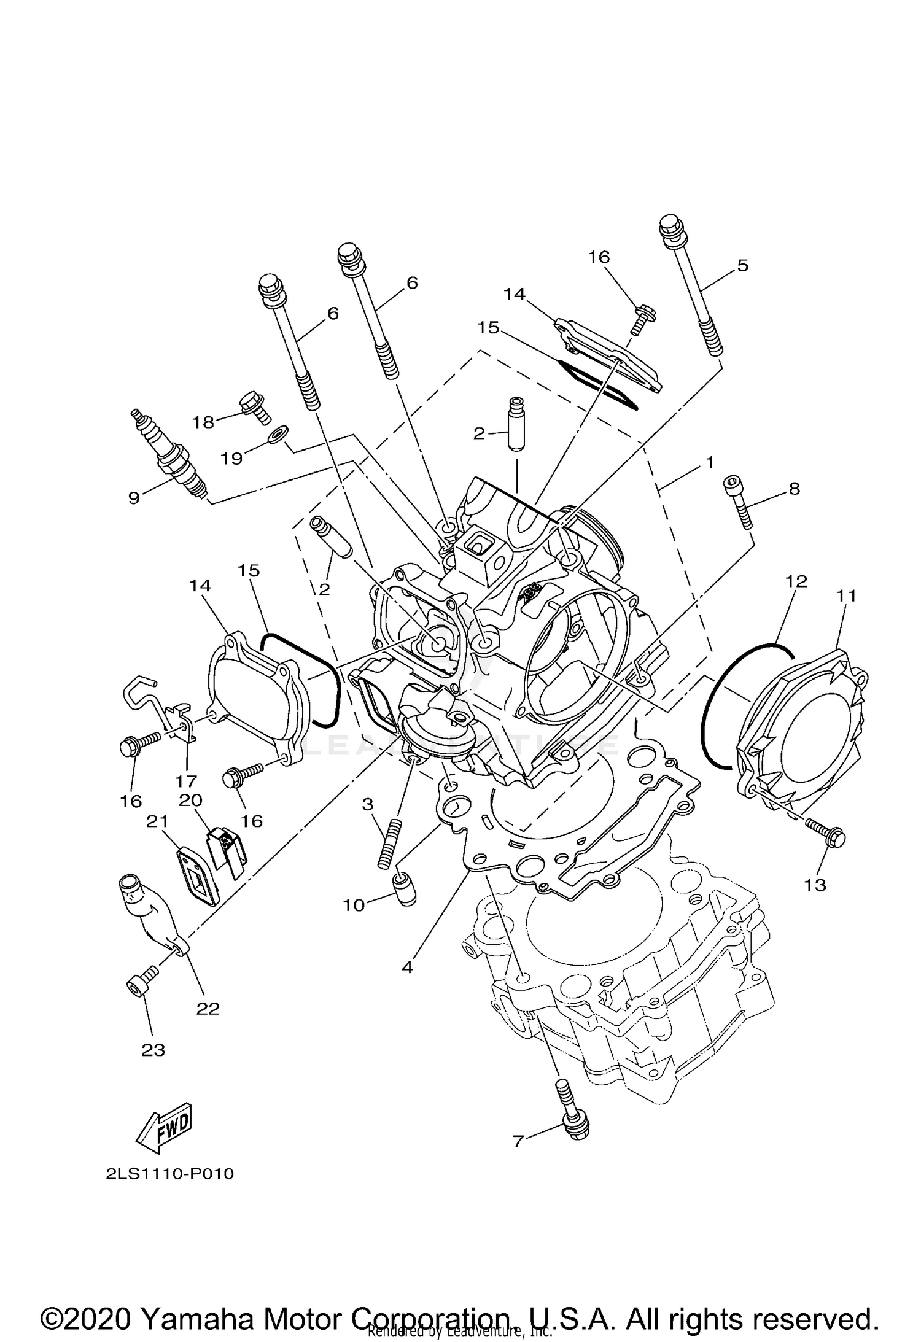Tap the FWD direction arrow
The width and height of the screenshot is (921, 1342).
click(x=164, y=1130)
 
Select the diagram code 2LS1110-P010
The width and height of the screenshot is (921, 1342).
click(x=170, y=1174)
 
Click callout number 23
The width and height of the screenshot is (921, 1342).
click(x=153, y=1050)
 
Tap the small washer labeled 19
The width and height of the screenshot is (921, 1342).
click(x=278, y=435)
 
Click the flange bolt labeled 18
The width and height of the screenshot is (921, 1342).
click(x=254, y=406)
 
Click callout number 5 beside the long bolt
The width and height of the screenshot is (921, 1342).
click(x=742, y=266)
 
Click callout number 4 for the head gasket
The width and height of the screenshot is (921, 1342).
click(x=407, y=968)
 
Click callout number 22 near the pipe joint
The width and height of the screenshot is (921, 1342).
click(x=208, y=1009)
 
